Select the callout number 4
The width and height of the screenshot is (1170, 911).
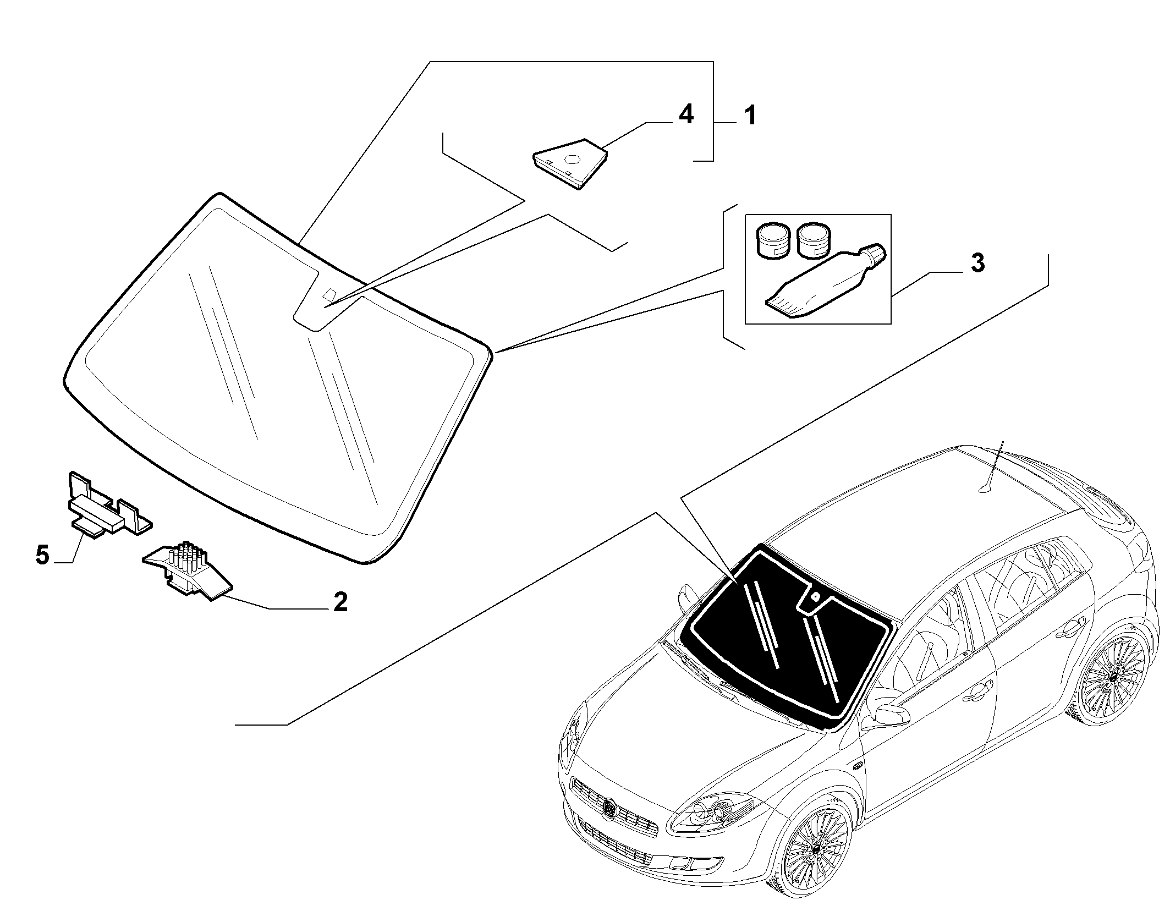(685, 116)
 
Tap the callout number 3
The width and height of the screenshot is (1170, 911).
(977, 264)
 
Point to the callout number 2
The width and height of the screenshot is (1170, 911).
(340, 602)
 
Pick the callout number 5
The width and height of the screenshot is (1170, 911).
(42, 555)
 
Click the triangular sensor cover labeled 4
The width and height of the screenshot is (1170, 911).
(570, 163)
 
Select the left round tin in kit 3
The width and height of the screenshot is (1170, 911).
(773, 240)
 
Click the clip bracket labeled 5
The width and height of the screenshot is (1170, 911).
(105, 506)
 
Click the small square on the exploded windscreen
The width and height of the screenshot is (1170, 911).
(330, 294)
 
